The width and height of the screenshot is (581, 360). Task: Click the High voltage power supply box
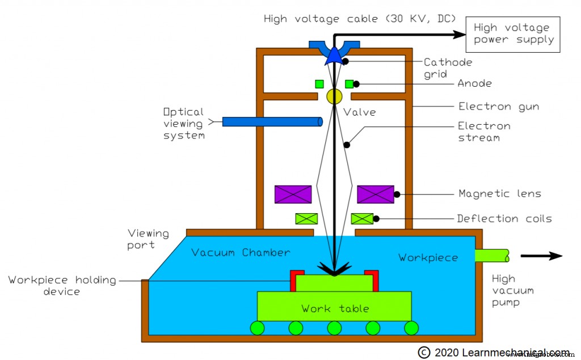pos(512,34)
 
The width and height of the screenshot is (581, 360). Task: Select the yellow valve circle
pos(334,96)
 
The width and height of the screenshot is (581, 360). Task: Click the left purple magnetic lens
pos(293,194)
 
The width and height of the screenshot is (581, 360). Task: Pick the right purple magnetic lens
pos(376,194)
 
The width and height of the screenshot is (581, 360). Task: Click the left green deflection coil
pos(306,218)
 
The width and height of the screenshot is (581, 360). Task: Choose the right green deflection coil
pos(362,218)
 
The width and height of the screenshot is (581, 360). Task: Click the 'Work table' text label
pos(335,309)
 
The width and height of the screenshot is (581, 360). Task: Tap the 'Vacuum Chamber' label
pos(241,252)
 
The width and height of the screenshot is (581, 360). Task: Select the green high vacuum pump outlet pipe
pos(492,256)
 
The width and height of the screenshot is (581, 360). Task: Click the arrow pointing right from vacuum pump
pos(541,256)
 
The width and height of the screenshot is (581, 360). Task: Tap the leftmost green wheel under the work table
pos(257,328)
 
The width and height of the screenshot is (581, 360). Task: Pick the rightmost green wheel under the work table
pos(411,328)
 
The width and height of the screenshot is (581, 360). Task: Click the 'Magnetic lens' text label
pos(499,194)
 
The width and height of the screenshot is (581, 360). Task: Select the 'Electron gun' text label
pos(498,106)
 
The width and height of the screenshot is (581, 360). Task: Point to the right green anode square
pos(349,84)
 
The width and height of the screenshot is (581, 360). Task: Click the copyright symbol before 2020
pos(424,352)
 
